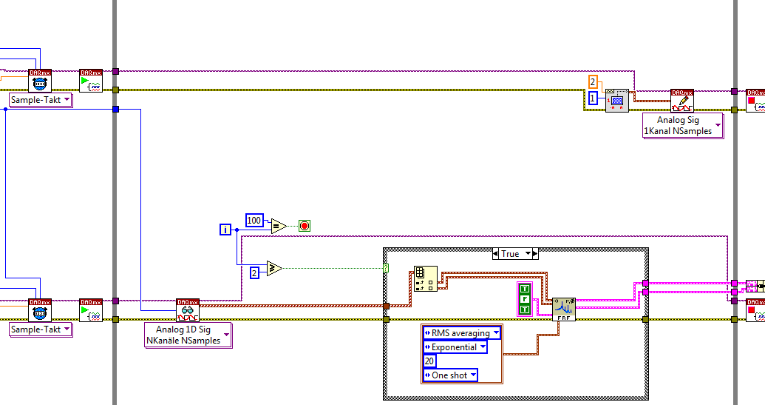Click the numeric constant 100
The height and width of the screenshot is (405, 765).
254,220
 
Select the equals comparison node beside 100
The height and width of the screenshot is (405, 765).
278,226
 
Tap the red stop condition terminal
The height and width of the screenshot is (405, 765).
304,226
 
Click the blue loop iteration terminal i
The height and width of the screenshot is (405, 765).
225,230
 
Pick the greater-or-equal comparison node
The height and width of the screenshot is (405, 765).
273,268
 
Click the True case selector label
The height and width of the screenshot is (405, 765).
510,253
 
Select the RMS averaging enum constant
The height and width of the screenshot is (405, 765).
461,333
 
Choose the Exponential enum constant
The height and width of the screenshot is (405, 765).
455,347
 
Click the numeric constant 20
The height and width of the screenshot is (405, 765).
429,361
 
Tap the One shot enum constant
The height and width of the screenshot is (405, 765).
449,375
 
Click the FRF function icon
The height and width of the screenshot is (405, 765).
563,309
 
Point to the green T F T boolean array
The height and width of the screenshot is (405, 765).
525,298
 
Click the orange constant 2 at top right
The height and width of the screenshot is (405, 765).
593,81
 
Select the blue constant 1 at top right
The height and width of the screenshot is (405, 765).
593,98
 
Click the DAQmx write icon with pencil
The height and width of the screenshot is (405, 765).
681,100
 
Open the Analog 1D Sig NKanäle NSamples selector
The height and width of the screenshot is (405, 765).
188,335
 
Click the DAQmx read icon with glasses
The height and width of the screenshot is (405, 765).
188,309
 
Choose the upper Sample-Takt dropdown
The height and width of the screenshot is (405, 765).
41,100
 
